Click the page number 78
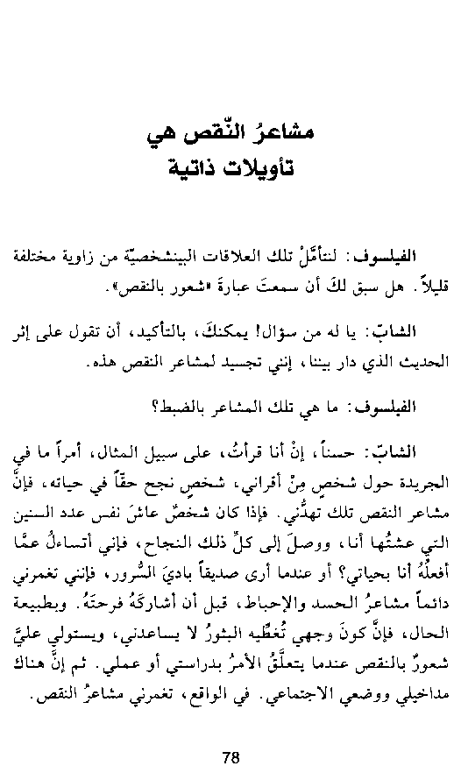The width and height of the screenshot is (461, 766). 230,733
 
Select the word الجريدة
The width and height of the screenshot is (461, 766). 415,479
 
